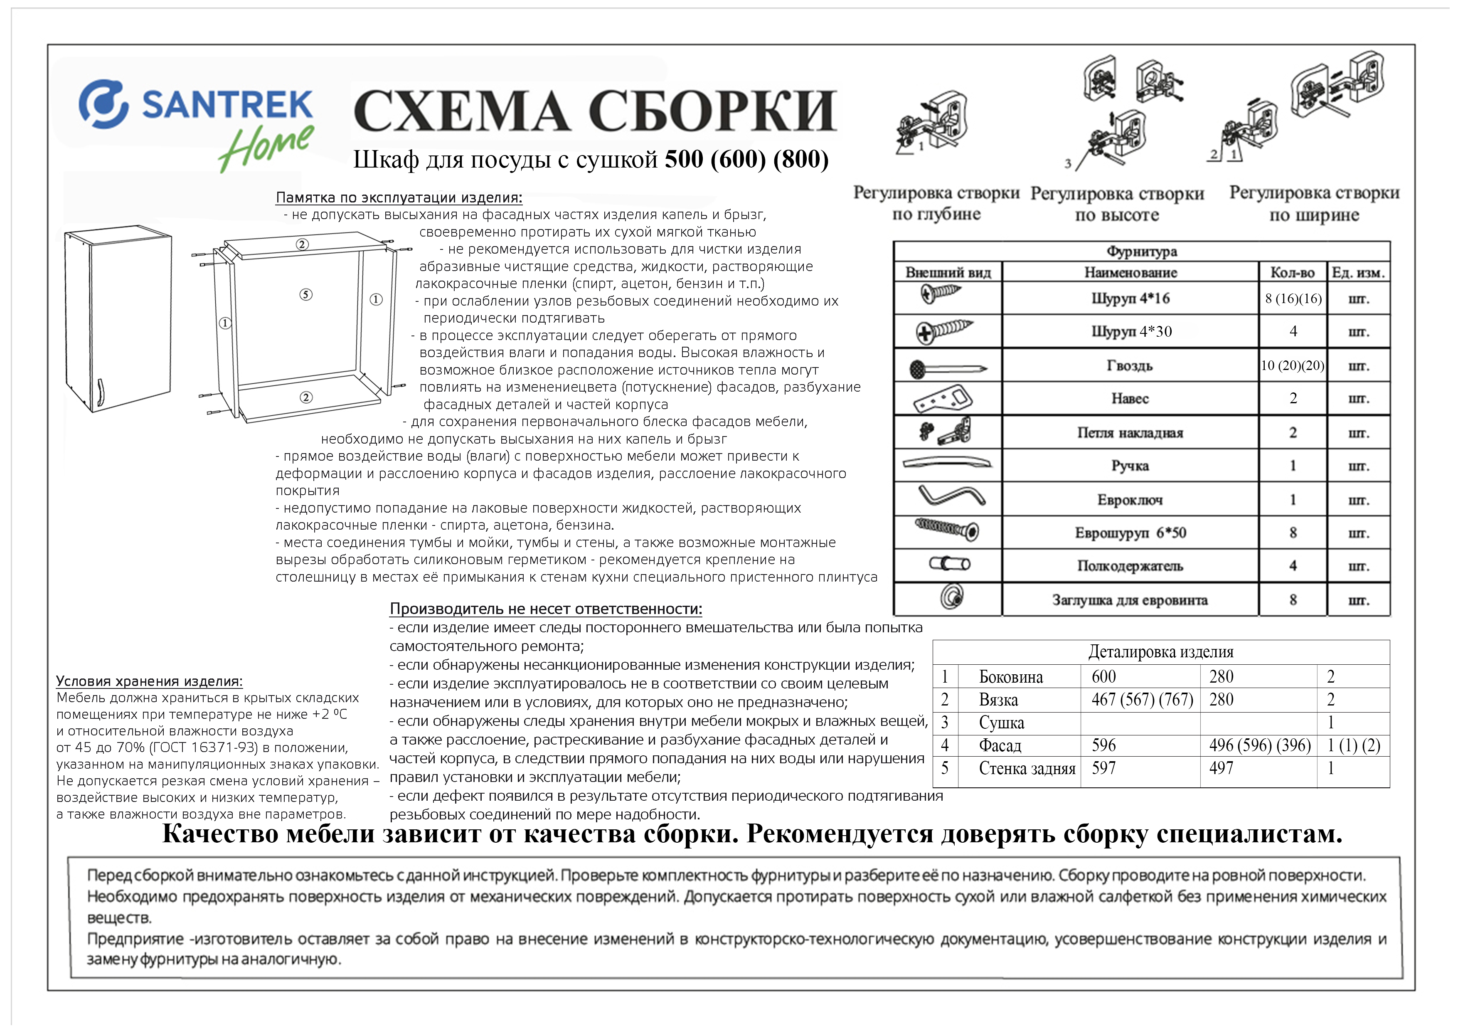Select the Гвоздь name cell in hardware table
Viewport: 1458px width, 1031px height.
coord(1130,365)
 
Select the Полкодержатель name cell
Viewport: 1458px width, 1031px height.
coord(1130,565)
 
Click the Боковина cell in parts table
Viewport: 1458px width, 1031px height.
coord(1010,677)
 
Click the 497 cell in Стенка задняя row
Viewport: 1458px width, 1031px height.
coord(1221,768)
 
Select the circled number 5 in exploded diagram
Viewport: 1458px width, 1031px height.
coord(306,294)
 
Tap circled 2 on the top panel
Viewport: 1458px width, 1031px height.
coord(302,244)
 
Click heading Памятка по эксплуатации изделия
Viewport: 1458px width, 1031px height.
coord(399,197)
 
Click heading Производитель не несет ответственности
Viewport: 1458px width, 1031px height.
coord(545,609)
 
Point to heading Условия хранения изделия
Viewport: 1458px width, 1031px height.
coord(149,681)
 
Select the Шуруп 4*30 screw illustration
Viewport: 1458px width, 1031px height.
coord(944,331)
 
